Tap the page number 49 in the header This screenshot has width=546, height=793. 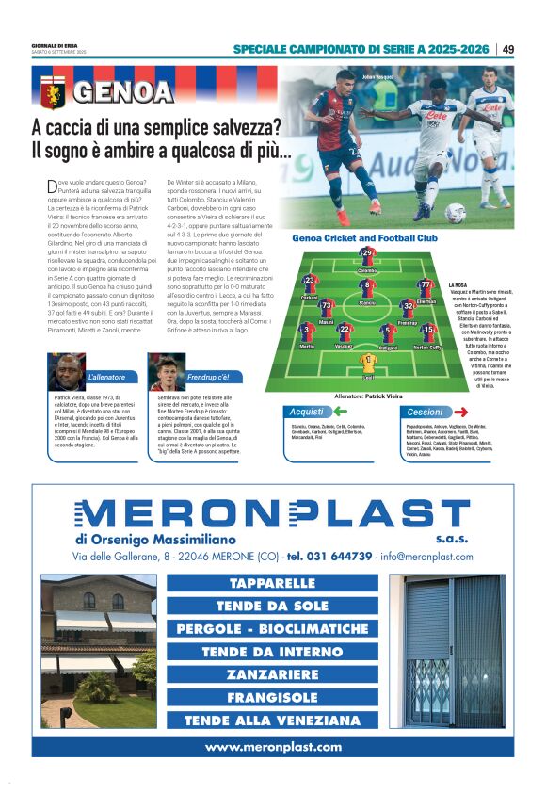point(507,49)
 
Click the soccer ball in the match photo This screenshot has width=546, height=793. point(455,213)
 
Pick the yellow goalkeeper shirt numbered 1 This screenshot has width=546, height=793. point(368,359)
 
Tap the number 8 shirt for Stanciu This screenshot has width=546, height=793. point(367,286)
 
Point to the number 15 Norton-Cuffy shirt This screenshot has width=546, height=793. point(427,332)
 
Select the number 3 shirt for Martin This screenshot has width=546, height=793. point(306,332)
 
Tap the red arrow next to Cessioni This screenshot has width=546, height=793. point(460,412)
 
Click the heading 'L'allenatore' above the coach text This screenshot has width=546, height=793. point(105,377)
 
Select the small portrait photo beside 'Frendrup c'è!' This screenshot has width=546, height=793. point(166,371)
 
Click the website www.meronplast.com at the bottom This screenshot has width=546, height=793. point(273,747)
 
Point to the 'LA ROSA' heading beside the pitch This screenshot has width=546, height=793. point(458,284)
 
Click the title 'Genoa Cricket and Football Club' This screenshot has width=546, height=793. point(365,238)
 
